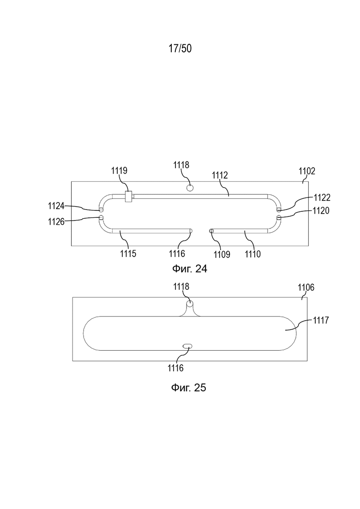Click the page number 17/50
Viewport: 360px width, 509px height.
(x=180, y=48)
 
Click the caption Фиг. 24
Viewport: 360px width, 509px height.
(x=189, y=269)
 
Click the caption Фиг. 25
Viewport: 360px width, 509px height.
(x=189, y=387)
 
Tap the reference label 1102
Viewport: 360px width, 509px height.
(x=307, y=171)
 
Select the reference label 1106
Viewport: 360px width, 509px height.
(x=306, y=287)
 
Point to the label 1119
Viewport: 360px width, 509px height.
(x=120, y=170)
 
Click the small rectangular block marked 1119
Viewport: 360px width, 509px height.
(x=129, y=197)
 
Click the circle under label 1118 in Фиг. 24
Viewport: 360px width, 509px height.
(x=190, y=188)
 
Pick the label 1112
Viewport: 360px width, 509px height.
(x=220, y=175)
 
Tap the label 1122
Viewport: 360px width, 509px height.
(x=322, y=198)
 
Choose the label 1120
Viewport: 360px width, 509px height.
(x=321, y=211)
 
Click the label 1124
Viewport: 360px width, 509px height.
(x=56, y=205)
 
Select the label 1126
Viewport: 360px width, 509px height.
(x=56, y=222)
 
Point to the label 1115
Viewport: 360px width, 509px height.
(x=128, y=253)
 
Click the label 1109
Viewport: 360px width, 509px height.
(x=222, y=254)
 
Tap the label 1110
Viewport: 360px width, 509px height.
(x=252, y=254)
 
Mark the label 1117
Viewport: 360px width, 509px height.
(x=321, y=320)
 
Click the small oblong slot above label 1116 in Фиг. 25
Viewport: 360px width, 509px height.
(x=187, y=347)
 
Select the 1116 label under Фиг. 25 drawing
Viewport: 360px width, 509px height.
(x=176, y=368)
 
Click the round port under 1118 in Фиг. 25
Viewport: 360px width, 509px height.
(x=190, y=304)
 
